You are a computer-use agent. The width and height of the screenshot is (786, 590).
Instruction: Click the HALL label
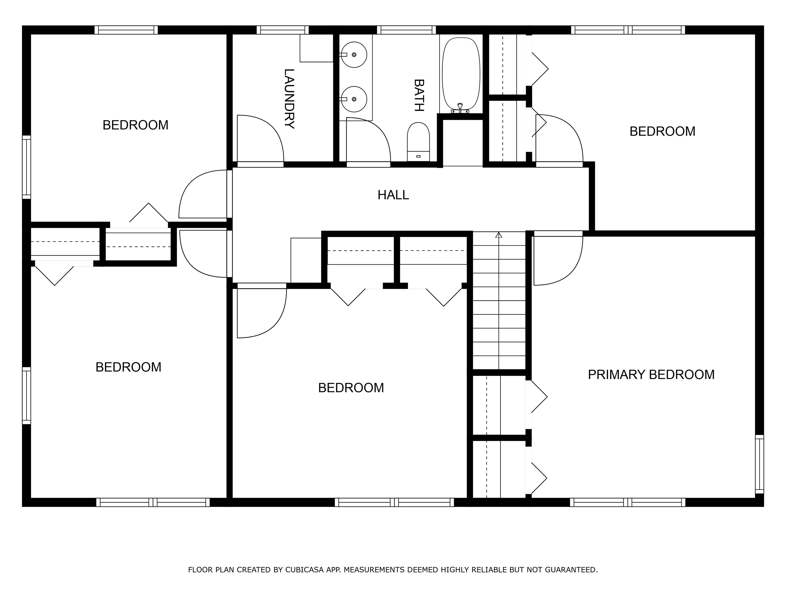[x=393, y=195]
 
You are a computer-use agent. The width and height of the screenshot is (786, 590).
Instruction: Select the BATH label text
[x=419, y=95]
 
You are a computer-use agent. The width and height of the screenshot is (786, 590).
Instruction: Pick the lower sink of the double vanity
[x=354, y=99]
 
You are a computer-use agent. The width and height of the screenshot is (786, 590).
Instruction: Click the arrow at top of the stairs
[x=498, y=235]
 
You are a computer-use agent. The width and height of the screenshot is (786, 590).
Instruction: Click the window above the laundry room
[x=282, y=30]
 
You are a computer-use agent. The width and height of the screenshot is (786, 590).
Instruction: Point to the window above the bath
[x=406, y=30]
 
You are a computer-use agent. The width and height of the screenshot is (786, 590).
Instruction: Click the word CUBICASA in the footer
[x=304, y=570]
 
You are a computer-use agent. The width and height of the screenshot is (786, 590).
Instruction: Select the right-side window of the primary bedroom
[x=759, y=464]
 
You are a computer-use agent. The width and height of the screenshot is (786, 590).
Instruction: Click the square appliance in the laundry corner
[x=316, y=48]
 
